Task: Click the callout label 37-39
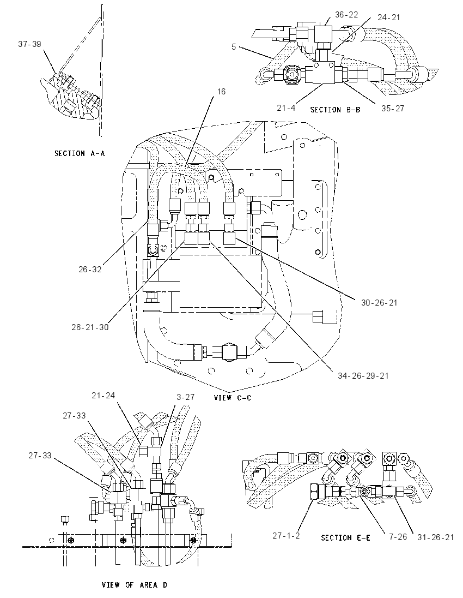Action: tap(30, 44)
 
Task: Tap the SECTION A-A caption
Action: tap(80, 153)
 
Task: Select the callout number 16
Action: tap(221, 92)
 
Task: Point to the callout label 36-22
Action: tap(346, 15)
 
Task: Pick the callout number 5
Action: tap(234, 47)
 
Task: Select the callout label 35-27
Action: tap(393, 109)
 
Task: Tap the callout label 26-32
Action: tap(90, 269)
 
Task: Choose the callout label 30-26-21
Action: tap(379, 303)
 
